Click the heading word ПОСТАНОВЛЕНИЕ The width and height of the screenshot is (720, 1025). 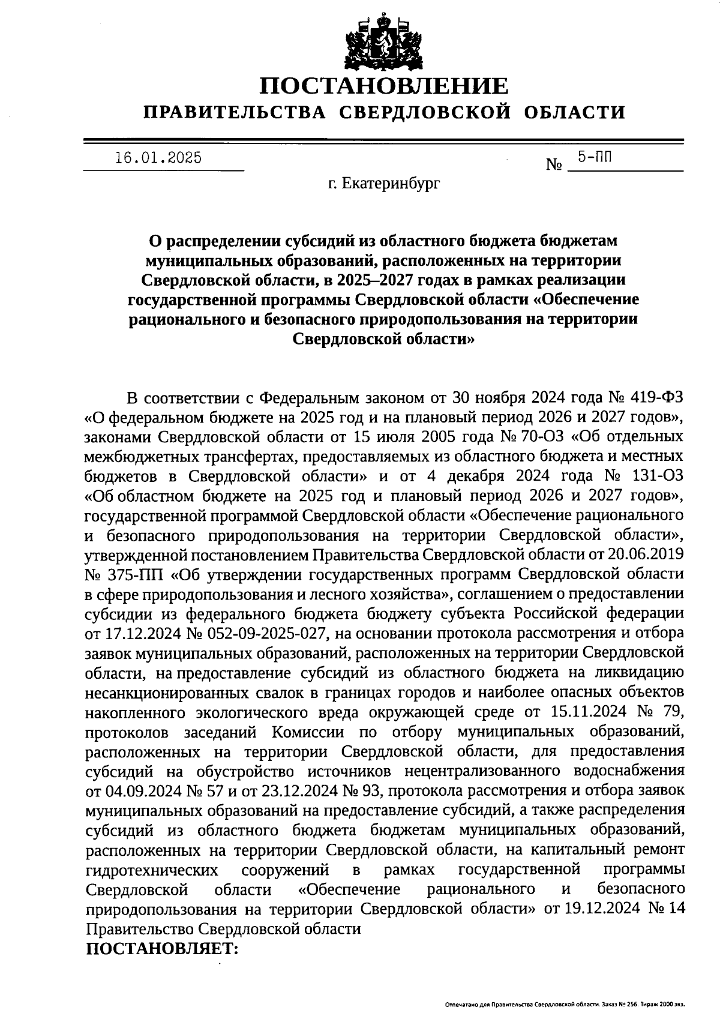pyautogui.click(x=384, y=86)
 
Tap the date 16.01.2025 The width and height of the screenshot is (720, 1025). pyautogui.click(x=158, y=158)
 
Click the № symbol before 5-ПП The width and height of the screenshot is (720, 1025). pyautogui.click(x=553, y=164)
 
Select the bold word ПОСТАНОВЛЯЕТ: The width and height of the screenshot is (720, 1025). pyautogui.click(x=163, y=949)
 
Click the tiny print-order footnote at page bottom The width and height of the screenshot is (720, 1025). pyautogui.click(x=564, y=1004)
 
